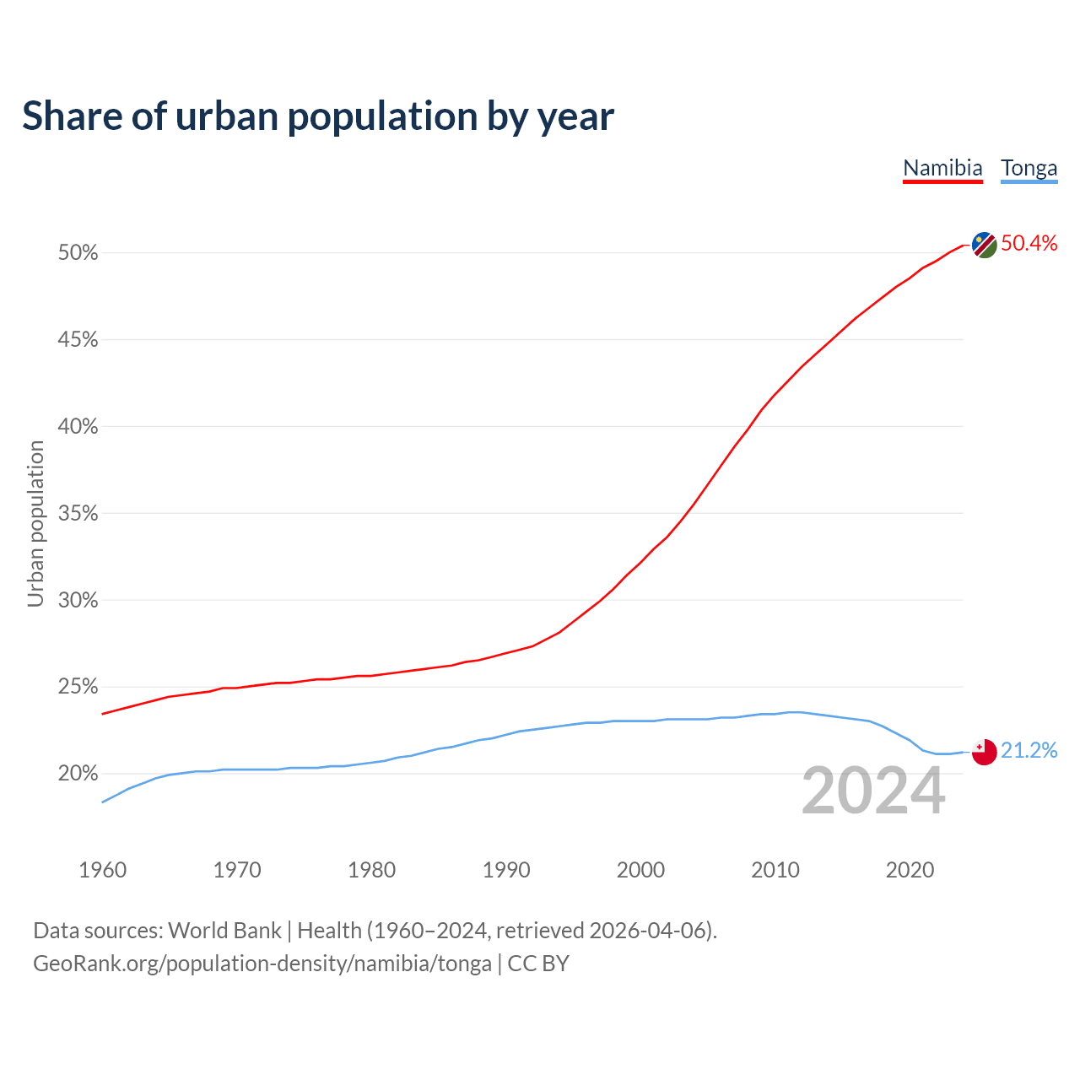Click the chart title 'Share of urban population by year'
(x=318, y=116)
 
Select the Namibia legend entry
(x=942, y=168)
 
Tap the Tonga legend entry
(x=1029, y=168)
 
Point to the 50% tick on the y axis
(x=78, y=253)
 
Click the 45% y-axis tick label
(x=78, y=340)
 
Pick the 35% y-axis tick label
(x=78, y=514)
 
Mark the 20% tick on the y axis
(x=78, y=774)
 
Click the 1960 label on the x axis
(x=102, y=870)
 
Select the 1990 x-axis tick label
(x=506, y=870)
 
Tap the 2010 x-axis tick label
(x=775, y=870)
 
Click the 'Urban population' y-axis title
(x=35, y=523)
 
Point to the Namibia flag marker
(x=984, y=245)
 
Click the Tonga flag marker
(x=984, y=752)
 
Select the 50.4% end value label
(x=1029, y=244)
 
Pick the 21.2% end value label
(x=1029, y=751)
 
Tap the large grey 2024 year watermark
(x=873, y=791)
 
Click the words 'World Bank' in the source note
(x=224, y=931)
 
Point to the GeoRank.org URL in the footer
(x=262, y=964)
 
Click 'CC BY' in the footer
(x=538, y=964)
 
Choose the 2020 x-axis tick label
(x=910, y=870)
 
